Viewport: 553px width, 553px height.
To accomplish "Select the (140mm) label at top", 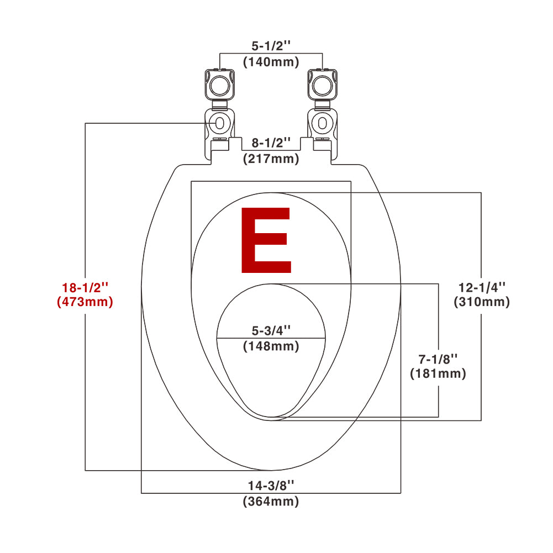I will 271,61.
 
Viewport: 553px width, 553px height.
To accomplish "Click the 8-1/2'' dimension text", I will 271,143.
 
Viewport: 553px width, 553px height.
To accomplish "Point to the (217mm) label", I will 271,159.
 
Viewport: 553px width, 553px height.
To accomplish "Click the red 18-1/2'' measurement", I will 85,288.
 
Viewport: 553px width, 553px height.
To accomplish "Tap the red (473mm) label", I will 85,302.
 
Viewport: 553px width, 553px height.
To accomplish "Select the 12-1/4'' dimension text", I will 482,287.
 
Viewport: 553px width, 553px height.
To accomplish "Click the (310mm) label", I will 482,302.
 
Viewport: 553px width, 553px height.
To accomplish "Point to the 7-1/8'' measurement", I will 438,358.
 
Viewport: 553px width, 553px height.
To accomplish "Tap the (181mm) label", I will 438,373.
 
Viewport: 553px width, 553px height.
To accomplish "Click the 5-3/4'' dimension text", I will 271,330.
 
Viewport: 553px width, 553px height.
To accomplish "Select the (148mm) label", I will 271,346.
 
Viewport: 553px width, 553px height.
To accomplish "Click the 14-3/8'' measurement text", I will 271,486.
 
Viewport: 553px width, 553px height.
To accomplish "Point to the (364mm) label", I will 271,502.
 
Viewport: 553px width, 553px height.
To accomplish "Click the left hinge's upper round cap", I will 219,83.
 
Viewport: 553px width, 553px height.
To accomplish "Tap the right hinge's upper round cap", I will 322,83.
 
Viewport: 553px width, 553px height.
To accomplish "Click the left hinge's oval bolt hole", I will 219,122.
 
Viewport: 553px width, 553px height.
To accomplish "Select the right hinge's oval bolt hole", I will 322,122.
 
